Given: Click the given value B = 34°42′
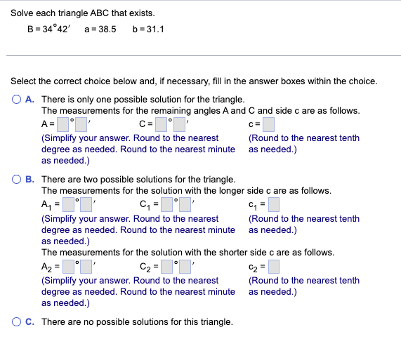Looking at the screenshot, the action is pos(51,30).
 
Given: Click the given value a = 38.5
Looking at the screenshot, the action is pos(100,30).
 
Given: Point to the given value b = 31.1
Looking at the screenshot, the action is pos(147,30).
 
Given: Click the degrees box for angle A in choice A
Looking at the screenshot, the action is pos(63,125).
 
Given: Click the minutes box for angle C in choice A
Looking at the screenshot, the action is pos(180,125).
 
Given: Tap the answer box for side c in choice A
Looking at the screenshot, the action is pos(268,125).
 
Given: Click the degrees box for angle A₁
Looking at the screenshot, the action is pos(68,205).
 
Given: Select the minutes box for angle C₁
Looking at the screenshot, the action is pos(185,205).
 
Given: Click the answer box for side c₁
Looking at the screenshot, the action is pos(273,205).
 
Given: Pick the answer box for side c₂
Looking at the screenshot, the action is pos(274,267).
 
